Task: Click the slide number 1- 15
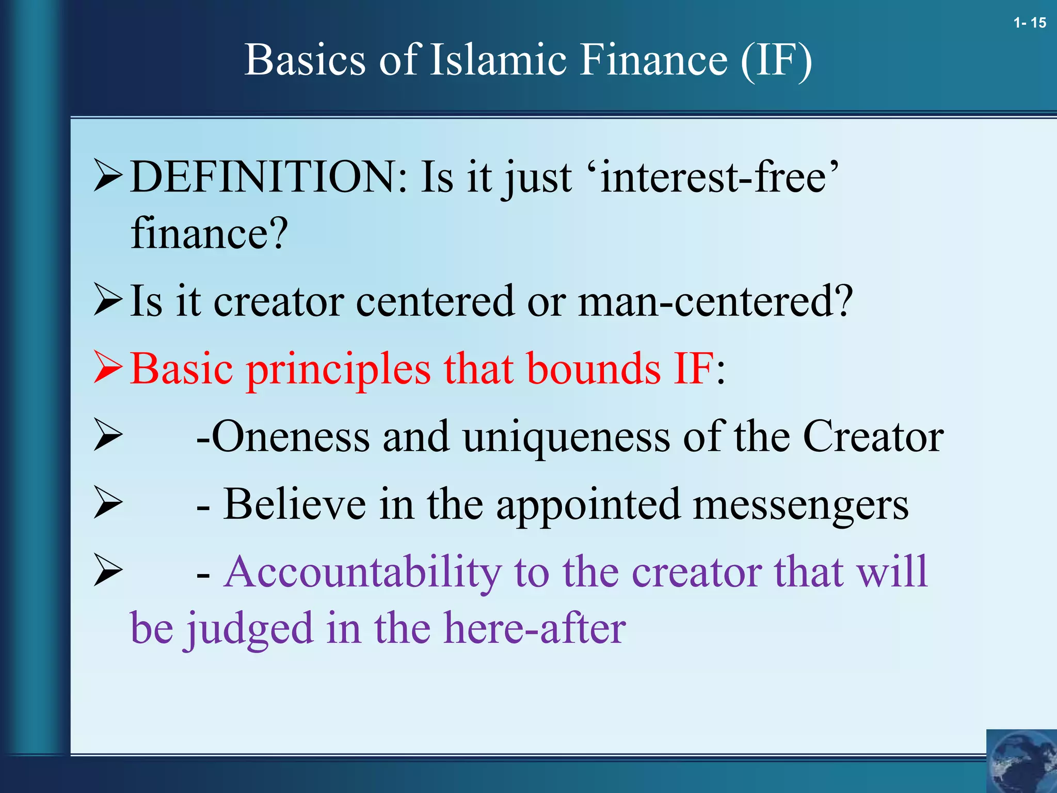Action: click(x=1029, y=23)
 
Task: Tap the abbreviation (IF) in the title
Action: click(x=776, y=61)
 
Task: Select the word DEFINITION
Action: click(x=268, y=177)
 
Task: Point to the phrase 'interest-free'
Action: click(x=719, y=177)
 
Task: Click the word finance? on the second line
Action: click(x=209, y=234)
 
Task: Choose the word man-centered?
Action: click(x=715, y=301)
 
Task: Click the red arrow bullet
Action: click(x=108, y=367)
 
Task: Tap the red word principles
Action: click(x=338, y=370)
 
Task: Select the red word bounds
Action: click(x=594, y=369)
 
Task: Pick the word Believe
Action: click(x=294, y=504)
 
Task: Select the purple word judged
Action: click(x=250, y=629)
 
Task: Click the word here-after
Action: click(x=535, y=628)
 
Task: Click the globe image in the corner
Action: click(x=1021, y=761)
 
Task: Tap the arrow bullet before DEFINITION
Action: click(x=108, y=176)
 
